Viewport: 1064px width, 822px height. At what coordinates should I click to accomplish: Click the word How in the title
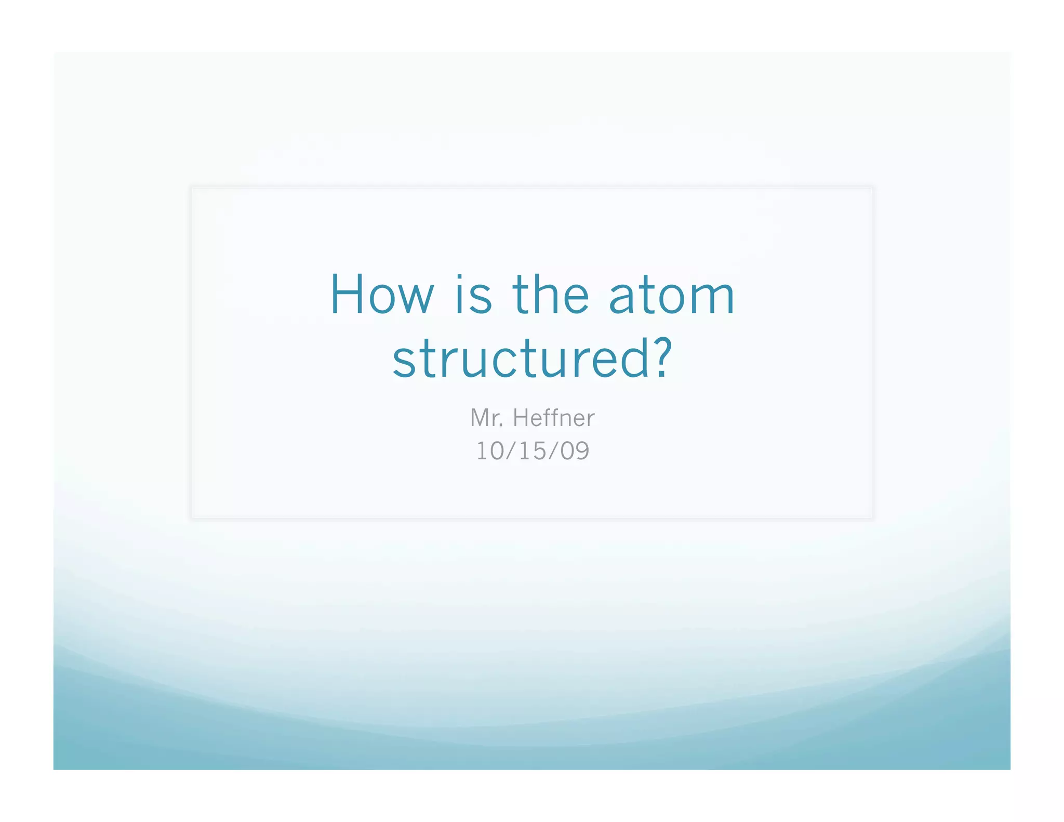pyautogui.click(x=382, y=295)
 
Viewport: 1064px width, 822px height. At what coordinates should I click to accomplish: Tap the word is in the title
pyautogui.click(x=473, y=295)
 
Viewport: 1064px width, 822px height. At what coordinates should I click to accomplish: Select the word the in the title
pyautogui.click(x=551, y=295)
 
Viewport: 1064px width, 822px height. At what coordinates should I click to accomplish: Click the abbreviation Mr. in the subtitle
pyautogui.click(x=487, y=418)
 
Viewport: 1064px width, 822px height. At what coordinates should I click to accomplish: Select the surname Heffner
pyautogui.click(x=554, y=418)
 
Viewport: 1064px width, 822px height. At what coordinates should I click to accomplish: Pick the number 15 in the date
pyautogui.click(x=532, y=450)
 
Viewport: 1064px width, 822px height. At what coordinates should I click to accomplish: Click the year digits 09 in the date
pyautogui.click(x=575, y=450)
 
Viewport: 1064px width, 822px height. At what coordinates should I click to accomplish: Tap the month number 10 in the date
pyautogui.click(x=490, y=450)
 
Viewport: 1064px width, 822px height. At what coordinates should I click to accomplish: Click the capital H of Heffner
pyautogui.click(x=521, y=418)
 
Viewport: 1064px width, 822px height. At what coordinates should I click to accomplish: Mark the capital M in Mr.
pyautogui.click(x=480, y=418)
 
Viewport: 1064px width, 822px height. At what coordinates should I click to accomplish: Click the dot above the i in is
pyautogui.click(x=459, y=277)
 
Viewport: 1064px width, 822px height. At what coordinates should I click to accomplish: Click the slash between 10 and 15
pyautogui.click(x=512, y=450)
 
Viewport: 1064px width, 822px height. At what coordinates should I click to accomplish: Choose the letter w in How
pyautogui.click(x=415, y=300)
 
